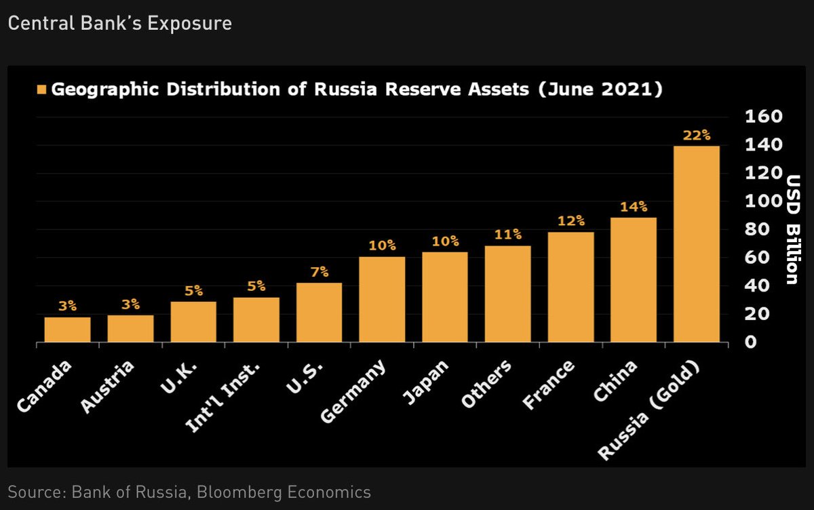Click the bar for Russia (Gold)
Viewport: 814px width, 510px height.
tap(696, 244)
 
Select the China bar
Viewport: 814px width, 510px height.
tap(633, 279)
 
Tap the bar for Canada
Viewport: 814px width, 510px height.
tap(67, 330)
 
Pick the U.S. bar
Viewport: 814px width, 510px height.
tap(319, 312)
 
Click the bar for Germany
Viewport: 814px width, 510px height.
tap(382, 299)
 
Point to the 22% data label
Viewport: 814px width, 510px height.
tap(696, 136)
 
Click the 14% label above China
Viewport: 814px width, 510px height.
tap(633, 207)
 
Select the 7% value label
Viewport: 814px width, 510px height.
tap(319, 272)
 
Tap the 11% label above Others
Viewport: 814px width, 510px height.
tap(507, 235)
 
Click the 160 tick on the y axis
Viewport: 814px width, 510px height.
tap(764, 117)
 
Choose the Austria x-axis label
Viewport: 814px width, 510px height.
tap(108, 386)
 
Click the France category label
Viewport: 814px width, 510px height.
tap(549, 385)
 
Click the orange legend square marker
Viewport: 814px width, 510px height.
tap(42, 90)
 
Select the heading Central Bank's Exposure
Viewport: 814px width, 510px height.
tap(119, 24)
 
